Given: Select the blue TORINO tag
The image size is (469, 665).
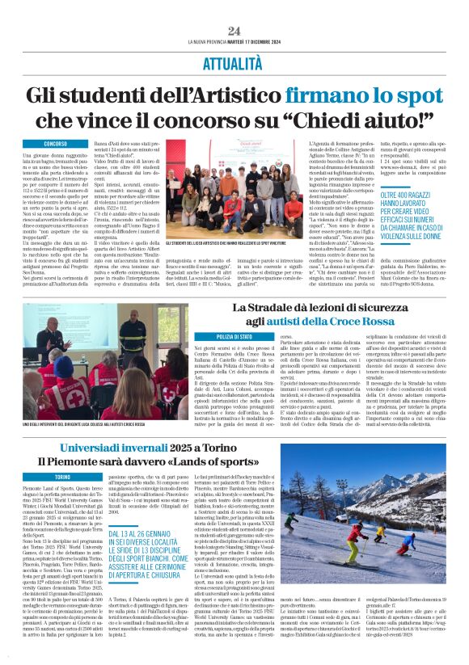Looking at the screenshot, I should [x=62, y=478].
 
